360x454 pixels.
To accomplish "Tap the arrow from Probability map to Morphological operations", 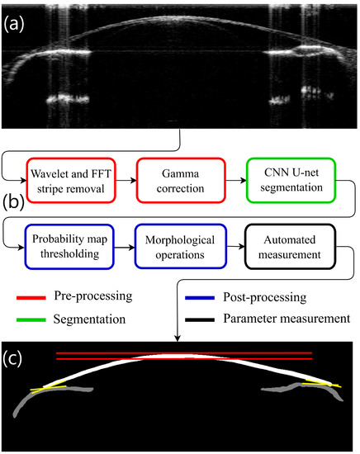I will [127, 246].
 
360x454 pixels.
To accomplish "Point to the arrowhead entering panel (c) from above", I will [179, 338].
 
